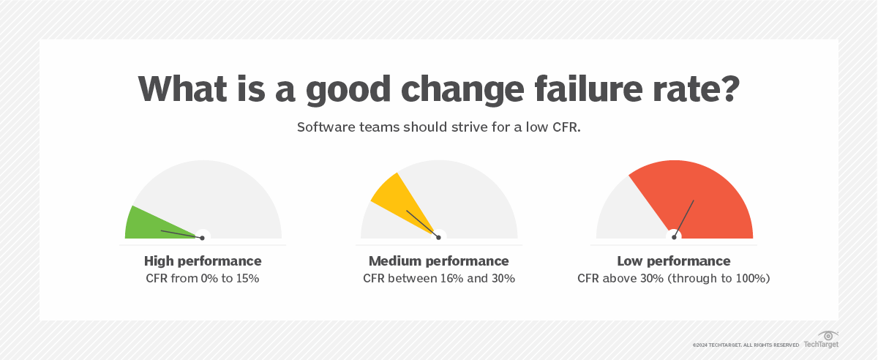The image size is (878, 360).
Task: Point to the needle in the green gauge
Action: coord(180,234)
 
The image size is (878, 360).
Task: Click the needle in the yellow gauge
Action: coord(421,223)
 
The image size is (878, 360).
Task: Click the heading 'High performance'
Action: coord(203,261)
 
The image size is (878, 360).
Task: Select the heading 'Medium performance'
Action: coord(438,261)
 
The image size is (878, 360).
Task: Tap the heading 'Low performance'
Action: coord(673,261)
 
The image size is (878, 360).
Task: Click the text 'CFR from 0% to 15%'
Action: coord(203,279)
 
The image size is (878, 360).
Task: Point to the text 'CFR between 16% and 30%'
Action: coord(438,279)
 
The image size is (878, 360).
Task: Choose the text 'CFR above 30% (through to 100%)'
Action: coord(673,279)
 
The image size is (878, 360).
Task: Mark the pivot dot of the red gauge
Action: coord(674,237)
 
